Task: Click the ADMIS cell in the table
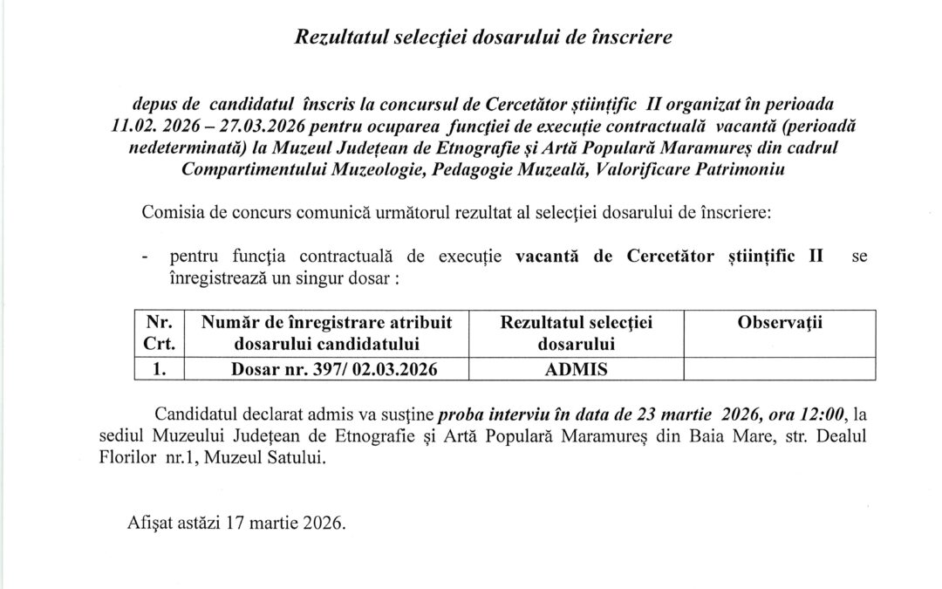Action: (x=577, y=368)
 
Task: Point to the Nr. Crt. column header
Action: (x=159, y=332)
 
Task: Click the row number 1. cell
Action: (x=159, y=368)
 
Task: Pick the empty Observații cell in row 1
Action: (x=780, y=368)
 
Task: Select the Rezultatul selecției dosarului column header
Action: (x=577, y=332)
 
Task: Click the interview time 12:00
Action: (x=823, y=414)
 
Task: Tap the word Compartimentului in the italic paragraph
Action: (x=253, y=169)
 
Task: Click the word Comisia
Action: (x=165, y=212)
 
